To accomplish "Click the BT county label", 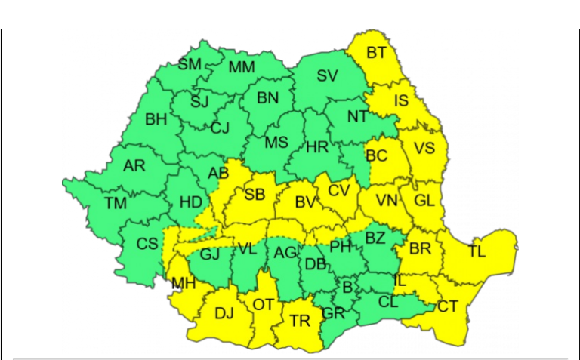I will tap(376, 53).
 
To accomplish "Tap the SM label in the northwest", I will tap(190, 64).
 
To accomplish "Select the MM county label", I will tap(242, 67).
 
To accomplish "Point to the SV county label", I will tap(327, 75).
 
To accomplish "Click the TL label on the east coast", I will tap(477, 251).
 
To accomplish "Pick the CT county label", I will tap(448, 306).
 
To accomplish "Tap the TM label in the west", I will tap(116, 203).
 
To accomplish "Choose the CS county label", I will tap(147, 244).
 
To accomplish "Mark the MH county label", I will tap(184, 284).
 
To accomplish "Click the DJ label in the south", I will tap(224, 312).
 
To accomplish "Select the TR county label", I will tap(300, 321).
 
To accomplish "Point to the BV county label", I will tap(304, 202).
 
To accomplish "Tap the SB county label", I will tap(255, 195).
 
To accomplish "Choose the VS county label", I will tap(424, 148).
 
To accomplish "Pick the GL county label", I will tap(424, 201).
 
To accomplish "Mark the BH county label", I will tap(156, 118).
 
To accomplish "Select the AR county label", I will tap(134, 166).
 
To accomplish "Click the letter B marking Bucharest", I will tap(347, 286).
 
